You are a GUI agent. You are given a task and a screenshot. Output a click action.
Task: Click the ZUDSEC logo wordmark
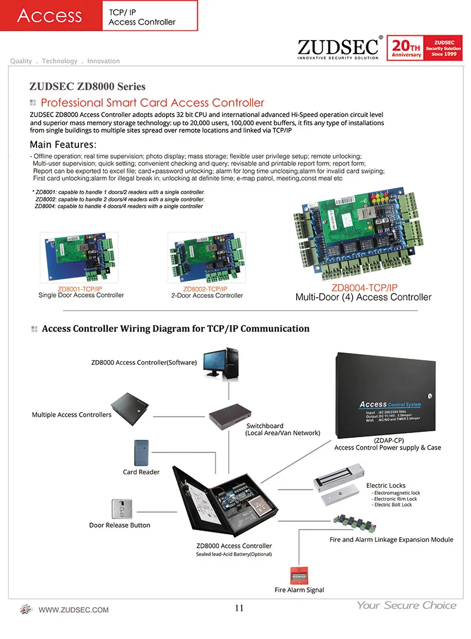(340, 46)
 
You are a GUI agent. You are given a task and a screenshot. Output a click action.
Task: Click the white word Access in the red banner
(49, 15)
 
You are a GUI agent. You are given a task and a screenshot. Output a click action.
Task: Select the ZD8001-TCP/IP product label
(80, 289)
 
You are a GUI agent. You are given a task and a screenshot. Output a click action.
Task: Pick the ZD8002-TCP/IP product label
(205, 289)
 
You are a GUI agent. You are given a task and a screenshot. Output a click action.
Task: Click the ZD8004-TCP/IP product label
(364, 288)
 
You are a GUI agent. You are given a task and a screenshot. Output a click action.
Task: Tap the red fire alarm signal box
(298, 575)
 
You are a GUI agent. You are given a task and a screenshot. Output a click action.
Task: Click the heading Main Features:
(63, 145)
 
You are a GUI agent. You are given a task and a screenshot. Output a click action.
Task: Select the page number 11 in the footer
(239, 608)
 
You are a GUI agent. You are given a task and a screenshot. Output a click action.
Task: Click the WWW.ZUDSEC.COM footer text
(74, 610)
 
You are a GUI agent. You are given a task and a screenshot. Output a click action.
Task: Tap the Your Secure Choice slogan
(406, 605)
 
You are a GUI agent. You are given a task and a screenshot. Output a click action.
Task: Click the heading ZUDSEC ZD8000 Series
(87, 86)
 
